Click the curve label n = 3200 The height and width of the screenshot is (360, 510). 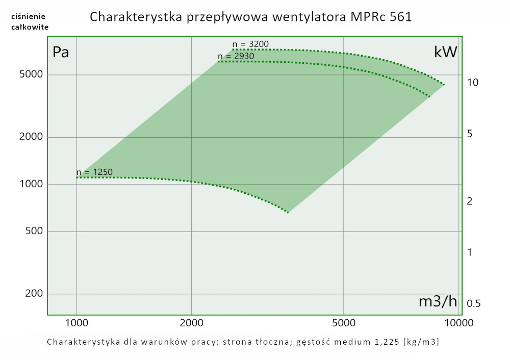(x=250, y=44)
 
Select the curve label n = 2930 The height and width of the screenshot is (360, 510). (x=236, y=56)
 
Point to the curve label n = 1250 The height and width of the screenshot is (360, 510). (x=94, y=172)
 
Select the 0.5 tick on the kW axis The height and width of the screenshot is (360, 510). (x=474, y=304)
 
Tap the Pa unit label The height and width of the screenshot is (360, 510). (x=61, y=52)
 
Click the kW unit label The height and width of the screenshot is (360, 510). (x=445, y=52)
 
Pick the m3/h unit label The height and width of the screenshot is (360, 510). (x=438, y=301)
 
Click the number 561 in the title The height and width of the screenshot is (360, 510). (x=400, y=17)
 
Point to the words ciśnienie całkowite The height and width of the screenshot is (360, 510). (x=30, y=22)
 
